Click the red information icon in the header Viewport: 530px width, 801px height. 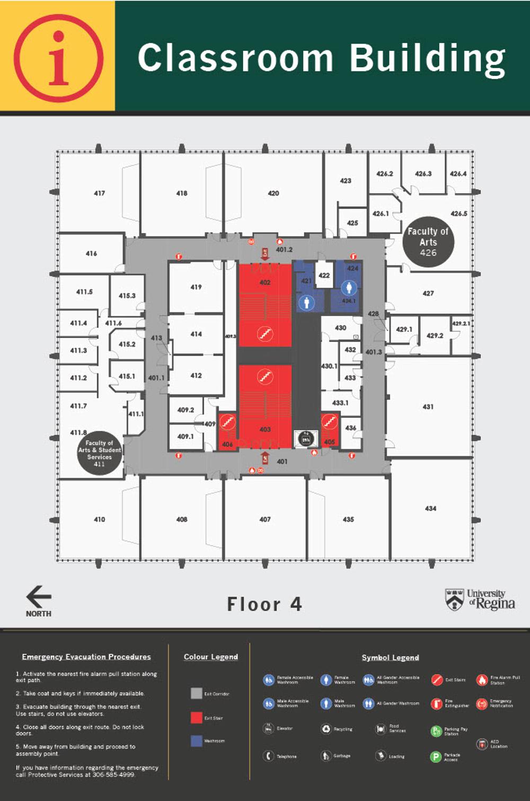(x=58, y=58)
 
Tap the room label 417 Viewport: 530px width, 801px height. (x=99, y=193)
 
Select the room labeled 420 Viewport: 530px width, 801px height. (x=273, y=193)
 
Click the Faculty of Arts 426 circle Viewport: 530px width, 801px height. (x=428, y=242)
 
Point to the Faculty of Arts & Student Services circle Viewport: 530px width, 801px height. (x=99, y=453)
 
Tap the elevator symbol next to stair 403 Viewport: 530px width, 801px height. (x=306, y=439)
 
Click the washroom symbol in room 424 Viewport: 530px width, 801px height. (x=348, y=288)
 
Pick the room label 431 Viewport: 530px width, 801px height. (x=428, y=407)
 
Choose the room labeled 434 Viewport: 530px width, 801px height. (x=430, y=508)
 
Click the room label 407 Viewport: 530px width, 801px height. (x=265, y=519)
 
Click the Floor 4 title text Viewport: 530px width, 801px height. (x=264, y=604)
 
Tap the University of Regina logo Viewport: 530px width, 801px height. (x=480, y=599)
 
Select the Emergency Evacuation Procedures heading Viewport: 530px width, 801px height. (x=86, y=657)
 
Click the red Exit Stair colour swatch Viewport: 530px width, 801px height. (x=196, y=718)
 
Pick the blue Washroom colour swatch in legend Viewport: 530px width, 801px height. (x=196, y=741)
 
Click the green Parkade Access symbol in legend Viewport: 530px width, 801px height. (x=436, y=757)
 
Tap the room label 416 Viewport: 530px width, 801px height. (x=91, y=254)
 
